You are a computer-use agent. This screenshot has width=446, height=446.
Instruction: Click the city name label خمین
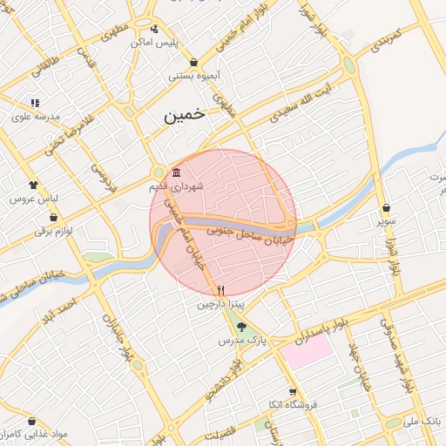pos(186,115)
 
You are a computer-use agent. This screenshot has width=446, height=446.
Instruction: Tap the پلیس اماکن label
pos(154,42)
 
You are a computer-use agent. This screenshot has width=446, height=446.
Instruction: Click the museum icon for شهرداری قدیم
pos(177,172)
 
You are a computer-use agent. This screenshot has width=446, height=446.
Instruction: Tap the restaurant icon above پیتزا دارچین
pos(220,290)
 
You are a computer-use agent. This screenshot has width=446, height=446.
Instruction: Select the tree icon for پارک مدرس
pos(243,327)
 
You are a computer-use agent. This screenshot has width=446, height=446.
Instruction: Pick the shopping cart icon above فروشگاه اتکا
pos(293,392)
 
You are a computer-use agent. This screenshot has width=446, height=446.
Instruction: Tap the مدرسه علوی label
pos(35,116)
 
